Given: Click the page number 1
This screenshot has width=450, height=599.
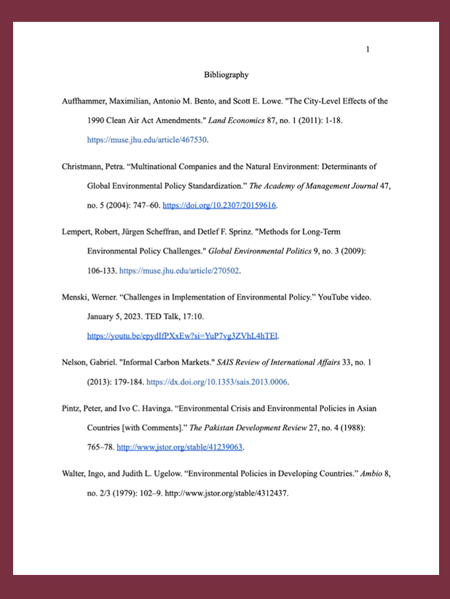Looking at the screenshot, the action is point(368,50).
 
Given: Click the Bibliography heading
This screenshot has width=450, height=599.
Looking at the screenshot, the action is point(226,74).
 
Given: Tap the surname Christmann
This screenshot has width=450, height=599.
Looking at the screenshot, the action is point(85,166).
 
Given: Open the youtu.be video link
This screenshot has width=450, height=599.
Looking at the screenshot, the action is point(183,336).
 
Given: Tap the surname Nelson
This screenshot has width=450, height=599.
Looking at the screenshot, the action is point(79,363).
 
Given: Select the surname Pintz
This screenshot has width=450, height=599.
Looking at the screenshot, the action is point(75,408).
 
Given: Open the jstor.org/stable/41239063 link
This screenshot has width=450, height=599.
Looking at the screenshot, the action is point(180,447).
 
